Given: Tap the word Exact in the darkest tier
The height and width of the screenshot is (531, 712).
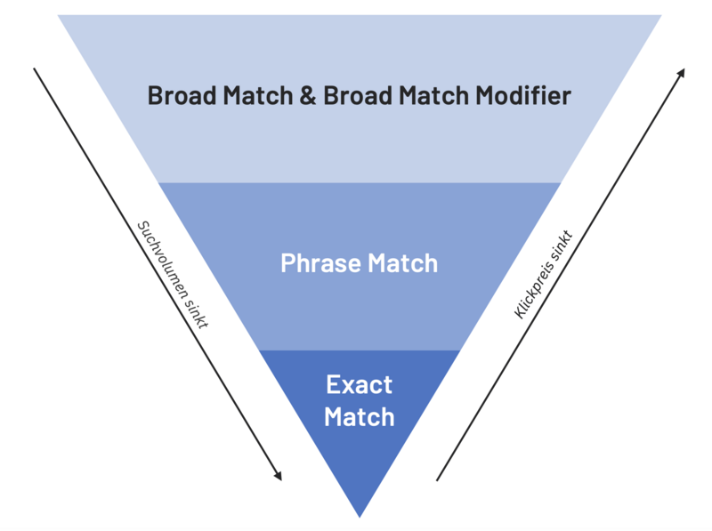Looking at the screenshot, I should tap(359, 385).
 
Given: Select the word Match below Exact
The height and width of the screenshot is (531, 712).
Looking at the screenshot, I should tap(359, 416).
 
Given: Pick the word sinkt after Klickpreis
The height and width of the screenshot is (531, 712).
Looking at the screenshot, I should tap(562, 245).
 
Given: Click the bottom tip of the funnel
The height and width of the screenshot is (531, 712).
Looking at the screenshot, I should tap(360, 515).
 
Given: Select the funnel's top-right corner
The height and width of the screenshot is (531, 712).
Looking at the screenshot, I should tap(660, 17).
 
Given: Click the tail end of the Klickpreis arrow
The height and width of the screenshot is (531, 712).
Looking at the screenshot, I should tap(437, 480).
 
